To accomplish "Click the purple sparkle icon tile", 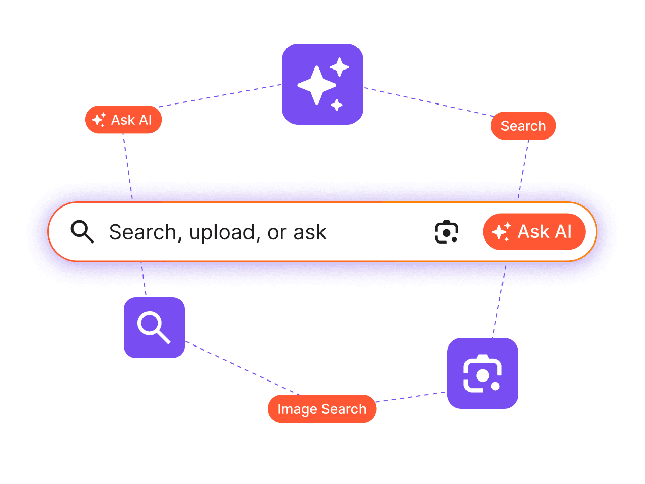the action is click(322, 84).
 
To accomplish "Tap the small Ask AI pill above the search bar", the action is click(123, 119).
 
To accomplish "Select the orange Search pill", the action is click(523, 125).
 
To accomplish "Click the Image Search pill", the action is click(321, 408).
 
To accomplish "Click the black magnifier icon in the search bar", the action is click(82, 231).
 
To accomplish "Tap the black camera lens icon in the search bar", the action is click(446, 231).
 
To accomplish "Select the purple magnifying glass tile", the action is click(154, 327).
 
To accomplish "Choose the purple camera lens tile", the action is click(482, 373).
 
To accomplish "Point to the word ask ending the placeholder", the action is click(310, 232).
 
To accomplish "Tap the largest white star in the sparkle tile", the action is click(316, 85).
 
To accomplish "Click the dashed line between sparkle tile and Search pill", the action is click(428, 101).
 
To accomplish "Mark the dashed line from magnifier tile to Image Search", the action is click(242, 368).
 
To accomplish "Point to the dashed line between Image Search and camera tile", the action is click(411, 397).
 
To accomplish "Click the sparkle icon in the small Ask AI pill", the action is click(99, 119).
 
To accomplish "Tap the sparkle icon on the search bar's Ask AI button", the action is click(501, 232).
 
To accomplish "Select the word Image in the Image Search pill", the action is click(297, 409).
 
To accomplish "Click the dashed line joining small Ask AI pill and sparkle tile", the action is click(220, 95).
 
